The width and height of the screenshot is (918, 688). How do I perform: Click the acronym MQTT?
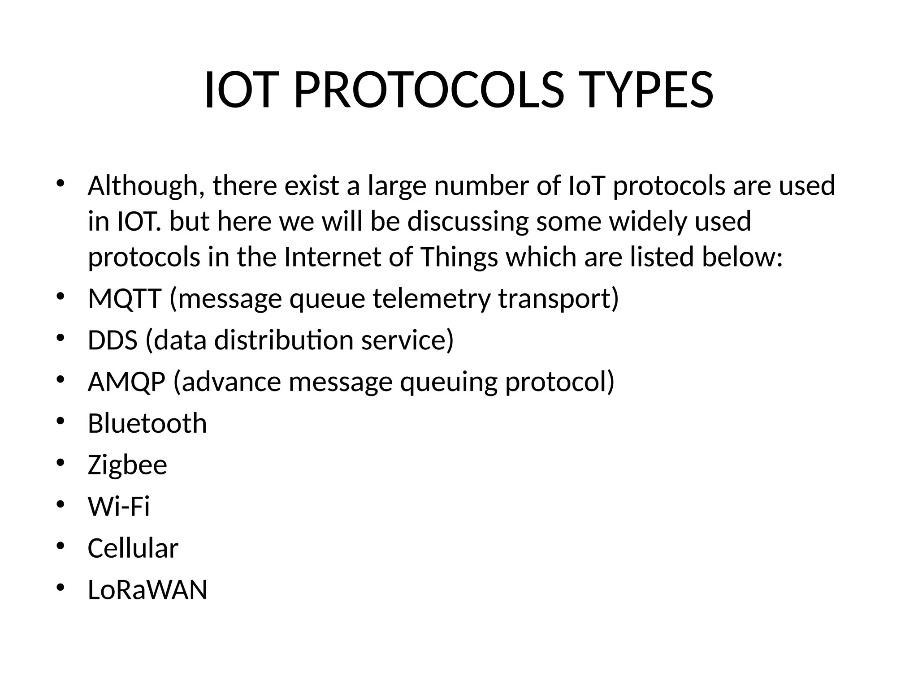[x=125, y=299]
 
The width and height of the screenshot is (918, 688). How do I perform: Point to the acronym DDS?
[x=113, y=340]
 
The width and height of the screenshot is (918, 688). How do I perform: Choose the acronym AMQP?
[x=126, y=382]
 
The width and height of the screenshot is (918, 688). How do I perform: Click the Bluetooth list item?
[x=147, y=423]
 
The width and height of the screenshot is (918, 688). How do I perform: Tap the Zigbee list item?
[x=127, y=465]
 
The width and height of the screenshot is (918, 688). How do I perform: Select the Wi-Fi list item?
[x=118, y=507]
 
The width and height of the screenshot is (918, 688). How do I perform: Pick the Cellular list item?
[x=133, y=548]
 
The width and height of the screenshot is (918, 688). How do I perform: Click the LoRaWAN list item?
[x=147, y=590]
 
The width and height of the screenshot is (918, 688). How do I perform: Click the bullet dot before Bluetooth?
[x=61, y=421]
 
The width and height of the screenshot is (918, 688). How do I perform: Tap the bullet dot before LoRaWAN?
[x=61, y=588]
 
